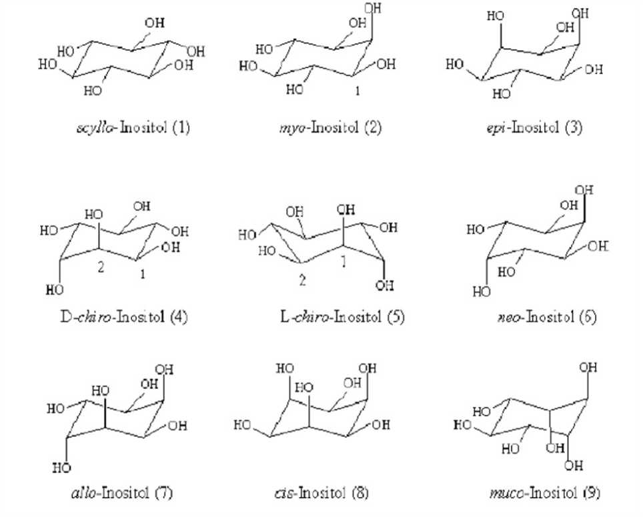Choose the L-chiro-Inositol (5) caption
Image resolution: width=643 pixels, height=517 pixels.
[x=329, y=316]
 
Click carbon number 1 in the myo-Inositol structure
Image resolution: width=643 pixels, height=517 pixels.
[x=358, y=91]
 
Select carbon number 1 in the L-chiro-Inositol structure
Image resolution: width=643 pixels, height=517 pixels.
[x=344, y=264]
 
